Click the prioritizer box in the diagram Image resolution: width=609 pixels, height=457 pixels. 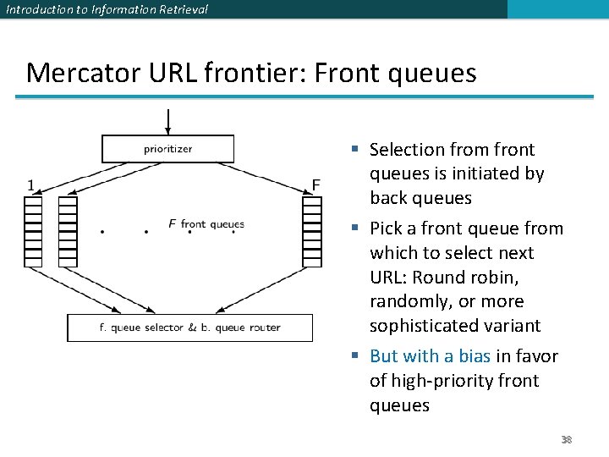point(167,149)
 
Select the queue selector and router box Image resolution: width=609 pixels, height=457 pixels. point(189,328)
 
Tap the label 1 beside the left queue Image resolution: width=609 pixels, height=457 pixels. point(31,184)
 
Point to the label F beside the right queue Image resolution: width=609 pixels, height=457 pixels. point(315,184)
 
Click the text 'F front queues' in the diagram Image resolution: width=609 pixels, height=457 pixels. point(206,224)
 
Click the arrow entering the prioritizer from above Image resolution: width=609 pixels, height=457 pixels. point(167,122)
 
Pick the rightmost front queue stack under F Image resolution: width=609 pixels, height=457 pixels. point(312,230)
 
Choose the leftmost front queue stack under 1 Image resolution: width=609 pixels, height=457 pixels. point(33,230)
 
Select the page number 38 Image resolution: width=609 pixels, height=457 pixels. point(566,440)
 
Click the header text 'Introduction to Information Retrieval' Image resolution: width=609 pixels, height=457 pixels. point(106,9)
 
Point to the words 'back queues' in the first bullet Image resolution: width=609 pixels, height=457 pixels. point(420,198)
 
